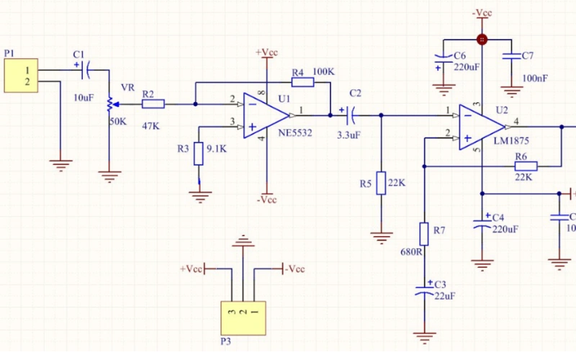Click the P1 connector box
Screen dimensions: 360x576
(22, 76)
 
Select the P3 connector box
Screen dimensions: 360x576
(243, 316)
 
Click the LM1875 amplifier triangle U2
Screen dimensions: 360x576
(480, 127)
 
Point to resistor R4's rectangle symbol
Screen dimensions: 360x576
(303, 82)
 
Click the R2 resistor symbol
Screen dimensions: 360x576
(153, 104)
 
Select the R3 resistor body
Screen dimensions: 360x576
(199, 155)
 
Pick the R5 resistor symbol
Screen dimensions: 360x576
(381, 184)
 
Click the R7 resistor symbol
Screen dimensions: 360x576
(425, 235)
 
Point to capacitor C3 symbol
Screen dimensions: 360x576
(425, 291)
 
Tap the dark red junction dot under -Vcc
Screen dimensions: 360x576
(482, 40)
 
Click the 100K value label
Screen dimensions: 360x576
(324, 72)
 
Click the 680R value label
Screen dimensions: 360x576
(410, 252)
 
